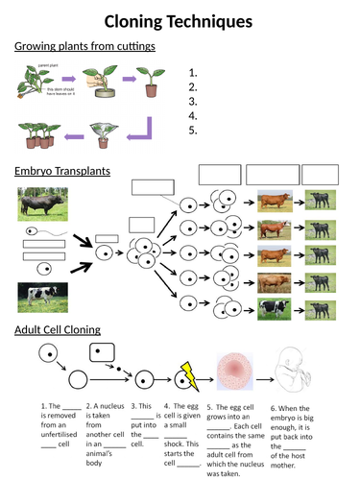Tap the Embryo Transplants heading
pyautogui.click(x=62, y=171)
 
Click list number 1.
pyautogui.click(x=194, y=72)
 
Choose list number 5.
pyautogui.click(x=194, y=130)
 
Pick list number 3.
pyautogui.click(x=194, y=101)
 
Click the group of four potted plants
pyautogui.click(x=40, y=134)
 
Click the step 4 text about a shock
pyautogui.click(x=181, y=421)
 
